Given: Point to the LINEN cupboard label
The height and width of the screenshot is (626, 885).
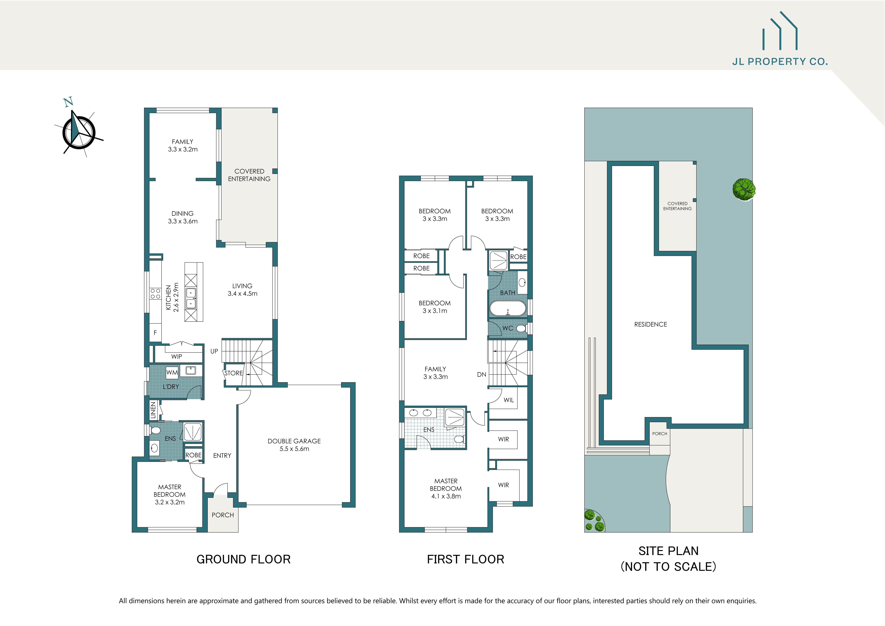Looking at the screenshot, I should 153,410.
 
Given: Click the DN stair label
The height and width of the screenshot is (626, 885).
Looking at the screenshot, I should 481,374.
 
